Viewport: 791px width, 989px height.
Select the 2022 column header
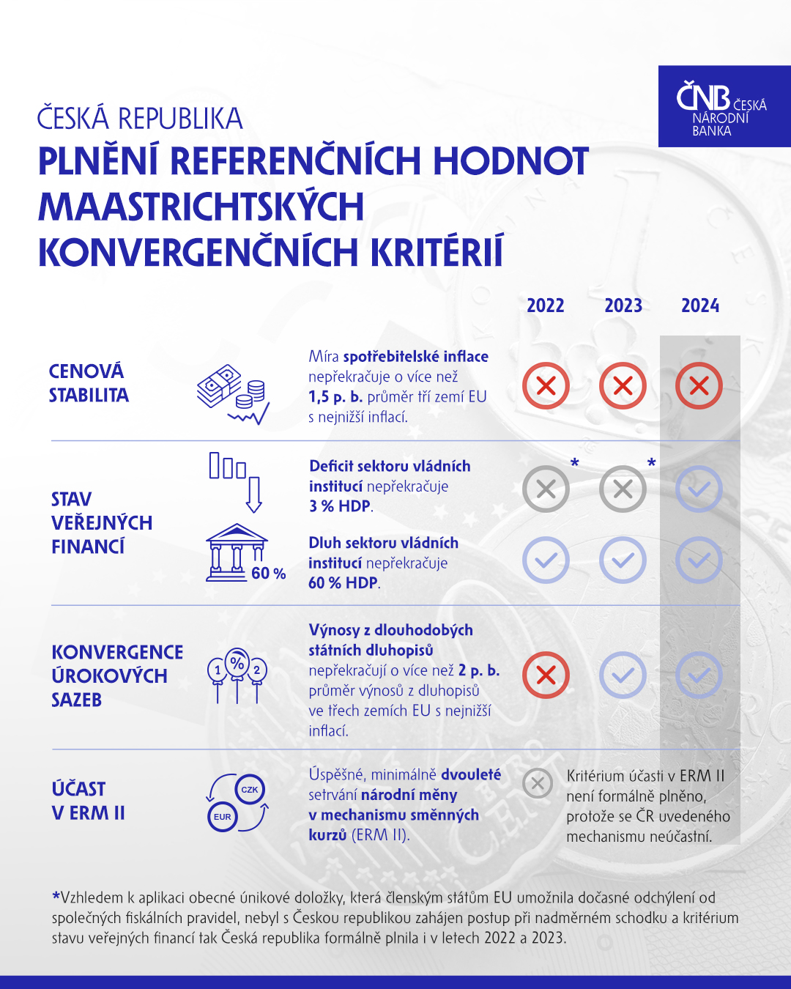[x=546, y=305]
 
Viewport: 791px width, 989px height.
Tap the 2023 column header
[x=623, y=305]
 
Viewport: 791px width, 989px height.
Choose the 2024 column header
[x=700, y=305]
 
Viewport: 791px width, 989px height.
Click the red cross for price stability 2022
[x=546, y=385]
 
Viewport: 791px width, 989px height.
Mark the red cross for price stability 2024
[x=699, y=385]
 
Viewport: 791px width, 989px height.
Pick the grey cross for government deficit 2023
[x=623, y=489]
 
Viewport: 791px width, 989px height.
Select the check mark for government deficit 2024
[x=699, y=489]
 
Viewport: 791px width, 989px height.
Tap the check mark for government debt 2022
[x=546, y=560]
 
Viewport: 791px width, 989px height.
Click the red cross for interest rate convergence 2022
[x=546, y=675]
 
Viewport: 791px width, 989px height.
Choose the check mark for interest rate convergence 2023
[x=623, y=675]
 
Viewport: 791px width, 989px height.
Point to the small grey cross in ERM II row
[x=538, y=784]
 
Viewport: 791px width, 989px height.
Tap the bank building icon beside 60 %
[x=236, y=553]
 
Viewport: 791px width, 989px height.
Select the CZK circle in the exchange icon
[x=250, y=790]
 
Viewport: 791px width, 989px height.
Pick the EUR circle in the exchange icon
[x=223, y=817]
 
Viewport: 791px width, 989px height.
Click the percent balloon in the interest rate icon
[x=237, y=664]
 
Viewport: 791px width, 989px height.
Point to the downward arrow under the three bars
[x=254, y=494]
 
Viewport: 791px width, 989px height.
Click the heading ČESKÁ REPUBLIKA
[x=140, y=119]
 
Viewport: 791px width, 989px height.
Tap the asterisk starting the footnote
[x=56, y=896]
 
